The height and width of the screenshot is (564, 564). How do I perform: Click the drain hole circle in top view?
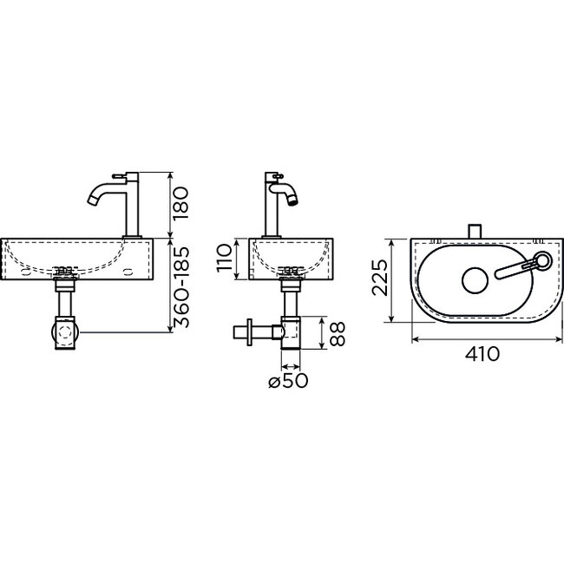(x=474, y=279)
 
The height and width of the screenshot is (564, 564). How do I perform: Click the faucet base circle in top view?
(x=542, y=259)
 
